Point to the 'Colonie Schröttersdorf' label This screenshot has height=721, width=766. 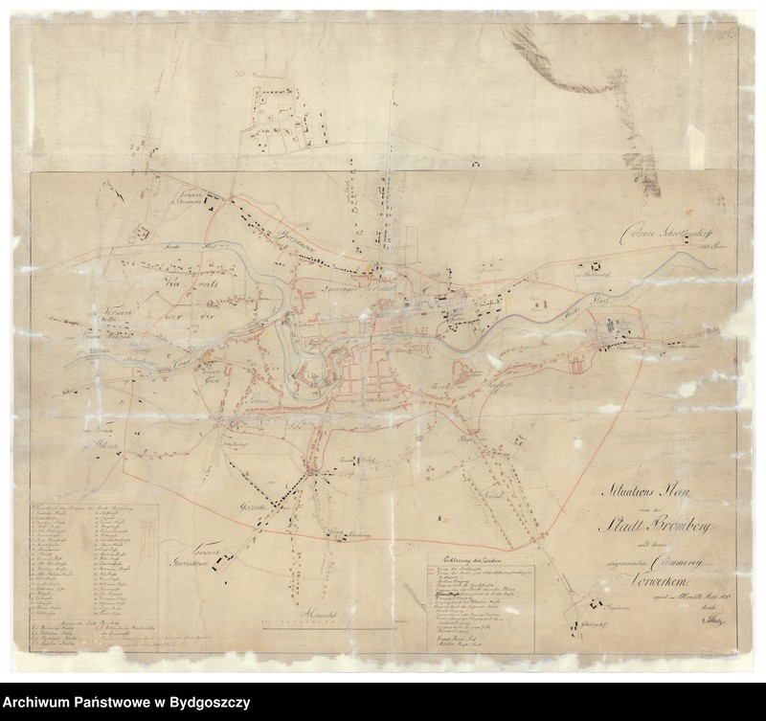tap(643, 233)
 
